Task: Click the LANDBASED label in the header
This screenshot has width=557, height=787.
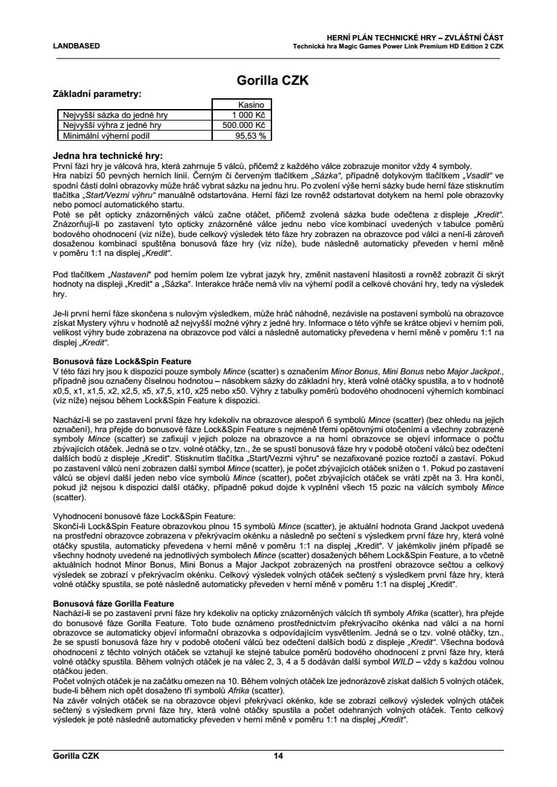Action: pyautogui.click(x=76, y=46)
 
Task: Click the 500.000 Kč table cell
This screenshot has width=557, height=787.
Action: pyautogui.click(x=244, y=125)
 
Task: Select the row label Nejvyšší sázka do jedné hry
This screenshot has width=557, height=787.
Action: pyautogui.click(x=115, y=115)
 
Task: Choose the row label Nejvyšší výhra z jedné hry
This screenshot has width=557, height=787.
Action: pyautogui.click(x=112, y=125)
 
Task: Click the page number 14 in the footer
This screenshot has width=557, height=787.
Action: pyautogui.click(x=278, y=756)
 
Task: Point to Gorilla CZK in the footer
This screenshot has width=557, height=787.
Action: pyautogui.click(x=76, y=756)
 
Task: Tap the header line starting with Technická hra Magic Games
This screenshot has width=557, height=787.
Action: pyautogui.click(x=397, y=46)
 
